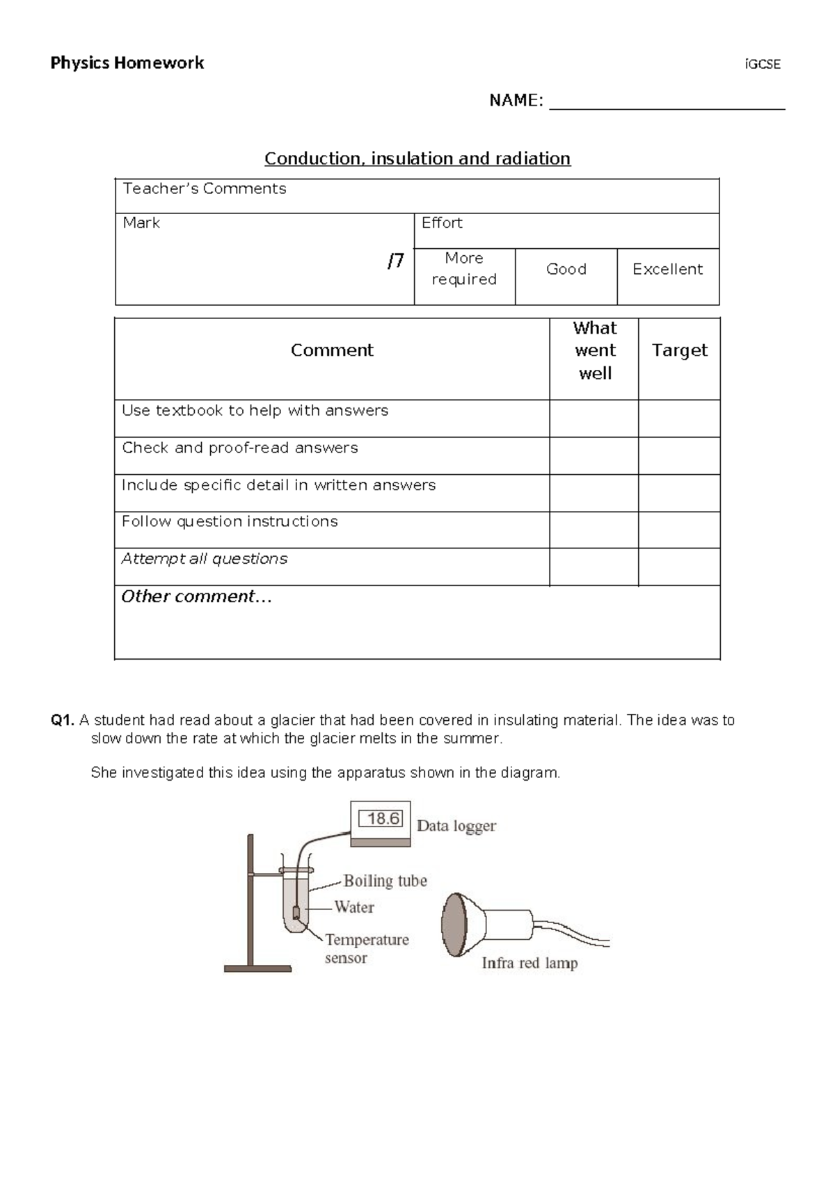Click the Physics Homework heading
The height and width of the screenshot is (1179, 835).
tap(127, 63)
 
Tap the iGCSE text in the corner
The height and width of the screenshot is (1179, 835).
tap(763, 65)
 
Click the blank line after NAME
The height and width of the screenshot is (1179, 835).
tap(667, 102)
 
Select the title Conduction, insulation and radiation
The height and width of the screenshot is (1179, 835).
tap(417, 158)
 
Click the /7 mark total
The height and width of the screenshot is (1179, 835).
tap(395, 261)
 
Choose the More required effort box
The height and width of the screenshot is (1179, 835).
tap(464, 269)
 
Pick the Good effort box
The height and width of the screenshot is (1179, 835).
tap(566, 269)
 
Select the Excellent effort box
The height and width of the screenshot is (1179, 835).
tap(667, 269)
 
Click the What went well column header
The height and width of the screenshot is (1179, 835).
tap(594, 350)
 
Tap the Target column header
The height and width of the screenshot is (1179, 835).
tap(679, 350)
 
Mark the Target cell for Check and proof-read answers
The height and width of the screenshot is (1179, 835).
tap(679, 456)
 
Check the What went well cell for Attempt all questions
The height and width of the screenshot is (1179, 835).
tap(594, 567)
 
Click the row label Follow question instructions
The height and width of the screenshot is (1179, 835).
tap(230, 521)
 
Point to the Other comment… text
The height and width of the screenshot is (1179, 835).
tap(196, 596)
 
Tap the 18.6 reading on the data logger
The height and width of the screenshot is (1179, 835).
tap(383, 819)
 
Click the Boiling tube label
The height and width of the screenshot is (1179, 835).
tap(385, 881)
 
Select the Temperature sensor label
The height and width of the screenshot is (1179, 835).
tap(366, 948)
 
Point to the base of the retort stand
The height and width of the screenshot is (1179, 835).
tap(257, 967)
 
